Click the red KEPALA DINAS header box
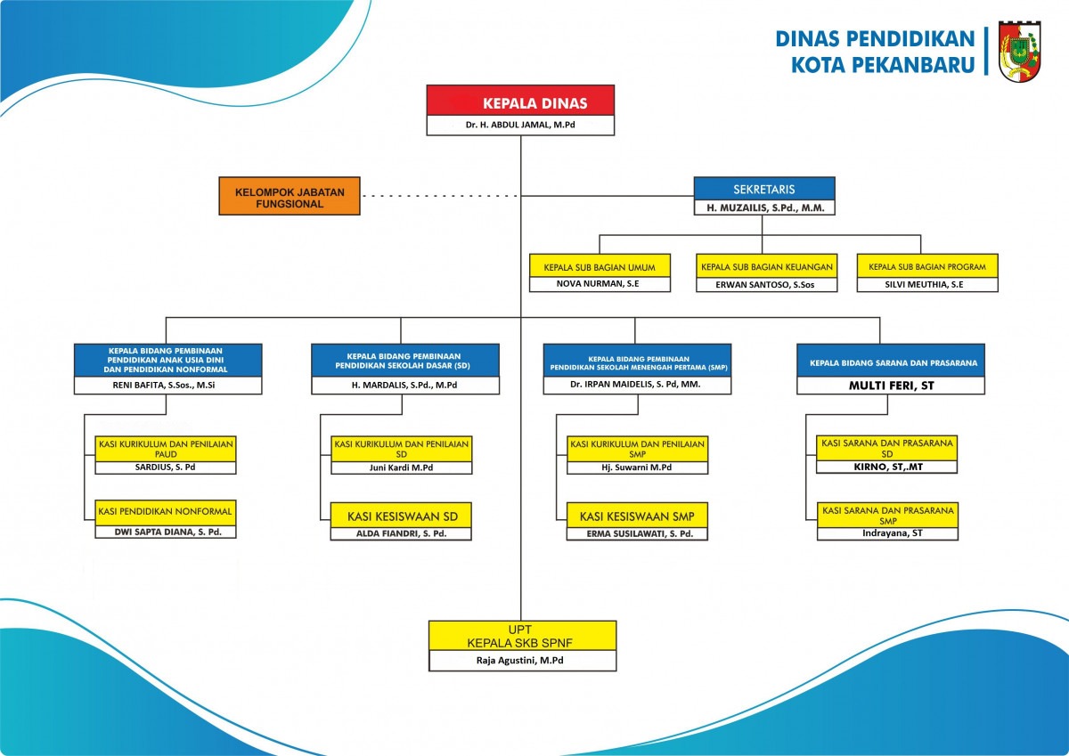(520, 101)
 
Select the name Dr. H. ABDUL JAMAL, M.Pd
(520, 125)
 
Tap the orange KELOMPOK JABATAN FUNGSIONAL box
(290, 196)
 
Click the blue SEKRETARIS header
(764, 189)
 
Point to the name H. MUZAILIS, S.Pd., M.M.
(765, 208)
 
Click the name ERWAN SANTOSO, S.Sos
(764, 285)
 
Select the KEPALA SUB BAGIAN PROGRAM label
(927, 267)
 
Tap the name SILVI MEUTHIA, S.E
(924, 285)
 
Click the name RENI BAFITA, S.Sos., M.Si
(164, 385)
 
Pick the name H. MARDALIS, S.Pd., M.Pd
(404, 385)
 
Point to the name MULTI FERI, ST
(891, 386)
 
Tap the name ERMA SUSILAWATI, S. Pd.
(640, 533)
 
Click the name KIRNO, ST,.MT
(888, 467)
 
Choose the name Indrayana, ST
(893, 533)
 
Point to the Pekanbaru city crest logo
(1020, 51)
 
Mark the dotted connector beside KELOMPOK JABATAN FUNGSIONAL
(440, 196)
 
